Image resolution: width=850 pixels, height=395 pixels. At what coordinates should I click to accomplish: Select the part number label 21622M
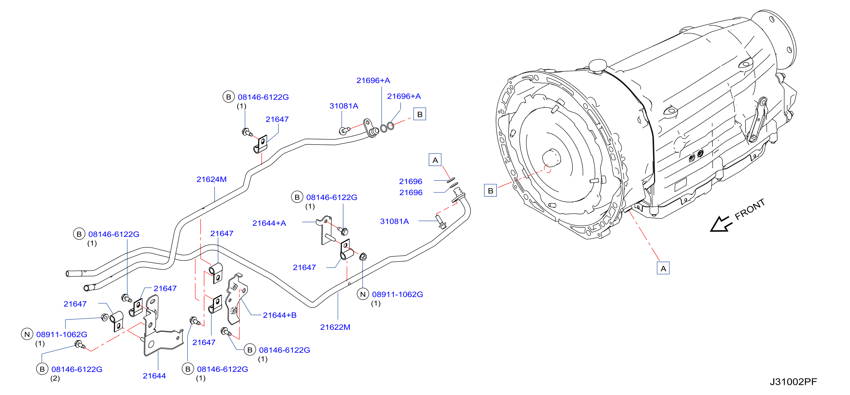click(x=335, y=327)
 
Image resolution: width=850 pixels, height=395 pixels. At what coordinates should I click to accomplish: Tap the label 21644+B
click(x=279, y=315)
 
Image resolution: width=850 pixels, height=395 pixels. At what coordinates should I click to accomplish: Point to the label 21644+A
click(x=269, y=223)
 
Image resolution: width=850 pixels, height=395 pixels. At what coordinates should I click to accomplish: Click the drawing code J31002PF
click(x=793, y=382)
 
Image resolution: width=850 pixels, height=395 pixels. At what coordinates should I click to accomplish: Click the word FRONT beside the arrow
click(x=750, y=209)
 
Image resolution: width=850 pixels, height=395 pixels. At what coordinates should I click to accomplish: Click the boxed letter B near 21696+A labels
click(x=420, y=114)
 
